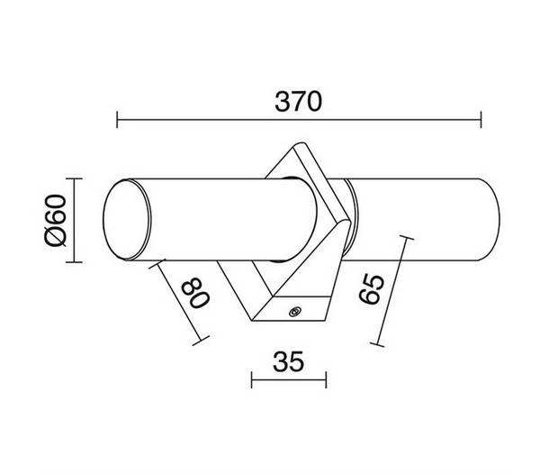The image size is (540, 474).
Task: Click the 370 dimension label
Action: (x=298, y=102)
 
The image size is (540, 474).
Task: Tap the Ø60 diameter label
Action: (x=55, y=221)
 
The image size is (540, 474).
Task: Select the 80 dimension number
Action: (x=195, y=292)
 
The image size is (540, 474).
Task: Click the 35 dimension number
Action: (x=289, y=361)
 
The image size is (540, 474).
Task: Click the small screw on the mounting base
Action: (x=294, y=312)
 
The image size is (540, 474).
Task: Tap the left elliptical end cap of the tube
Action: (x=127, y=220)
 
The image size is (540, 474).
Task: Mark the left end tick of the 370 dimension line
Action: (x=117, y=120)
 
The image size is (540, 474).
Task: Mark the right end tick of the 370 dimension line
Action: (x=481, y=120)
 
